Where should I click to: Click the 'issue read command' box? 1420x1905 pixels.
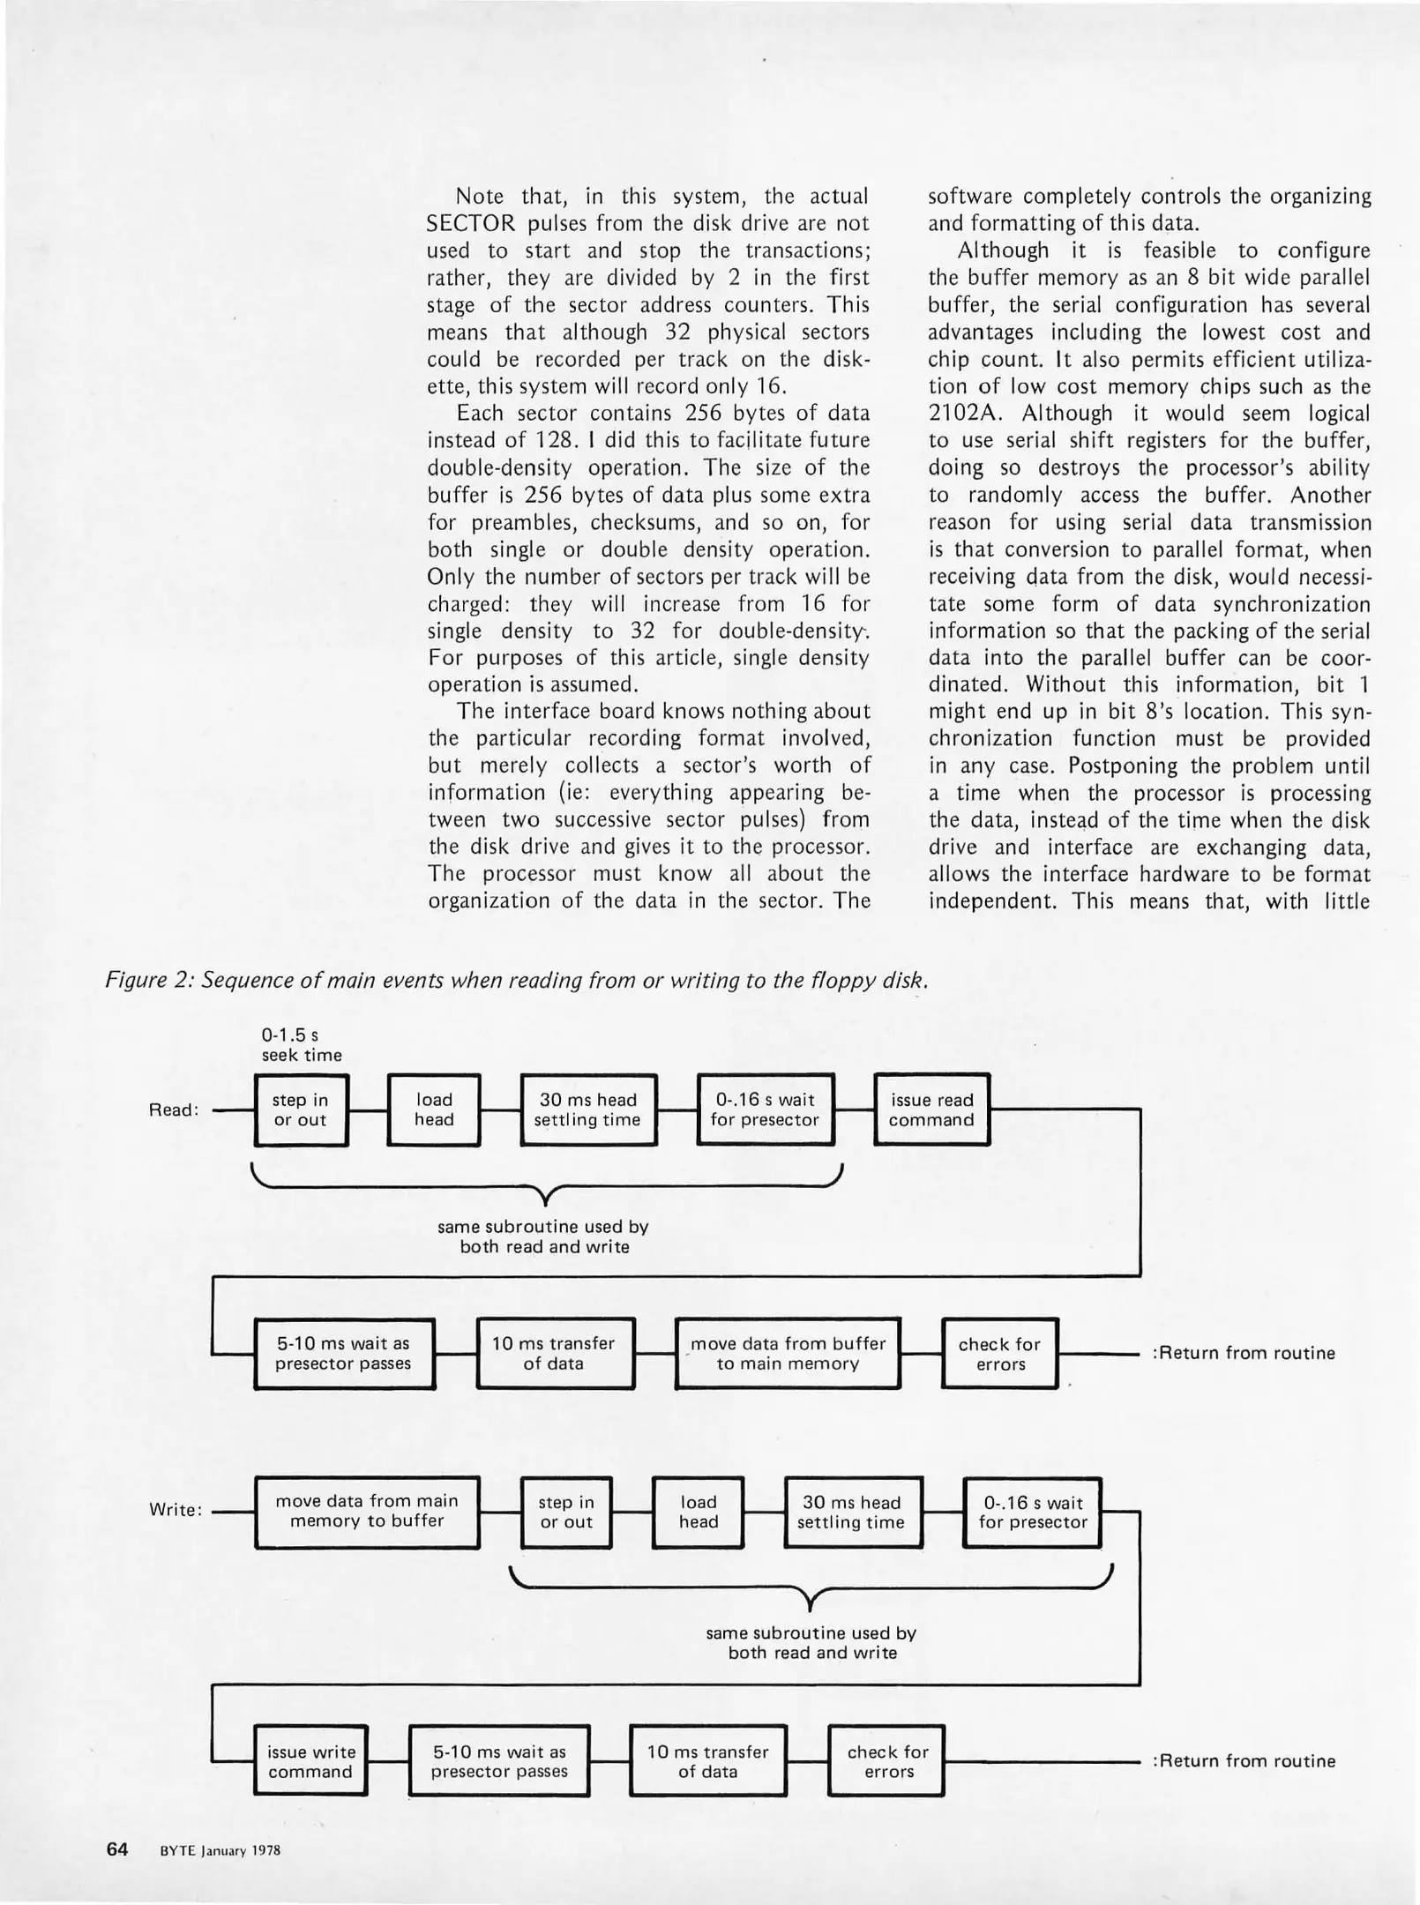[x=931, y=1109]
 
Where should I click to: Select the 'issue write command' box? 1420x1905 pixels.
[x=310, y=1761]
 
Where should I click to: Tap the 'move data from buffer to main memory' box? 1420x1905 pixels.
[x=788, y=1354]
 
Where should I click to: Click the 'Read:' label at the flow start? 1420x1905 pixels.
[x=173, y=1110]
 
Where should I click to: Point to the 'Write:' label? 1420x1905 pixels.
[x=176, y=1510]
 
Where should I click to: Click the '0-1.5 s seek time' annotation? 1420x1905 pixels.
[x=301, y=1045]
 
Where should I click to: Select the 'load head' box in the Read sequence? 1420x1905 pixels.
[x=434, y=1109]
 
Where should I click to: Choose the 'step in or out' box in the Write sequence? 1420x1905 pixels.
[x=566, y=1512]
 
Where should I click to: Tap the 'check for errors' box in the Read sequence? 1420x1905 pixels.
[x=999, y=1354]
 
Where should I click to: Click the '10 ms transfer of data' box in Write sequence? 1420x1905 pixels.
[x=707, y=1761]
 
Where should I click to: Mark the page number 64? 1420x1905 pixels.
[x=117, y=1849]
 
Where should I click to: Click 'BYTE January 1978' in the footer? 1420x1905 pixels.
[x=220, y=1851]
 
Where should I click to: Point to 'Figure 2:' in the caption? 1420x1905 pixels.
[x=150, y=980]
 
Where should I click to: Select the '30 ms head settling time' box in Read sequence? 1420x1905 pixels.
[x=588, y=1109]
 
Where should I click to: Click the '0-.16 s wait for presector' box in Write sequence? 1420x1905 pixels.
[x=1033, y=1512]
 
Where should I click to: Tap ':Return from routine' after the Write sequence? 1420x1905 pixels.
[x=1244, y=1761]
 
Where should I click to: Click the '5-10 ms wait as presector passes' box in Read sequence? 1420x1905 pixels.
[x=344, y=1354]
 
